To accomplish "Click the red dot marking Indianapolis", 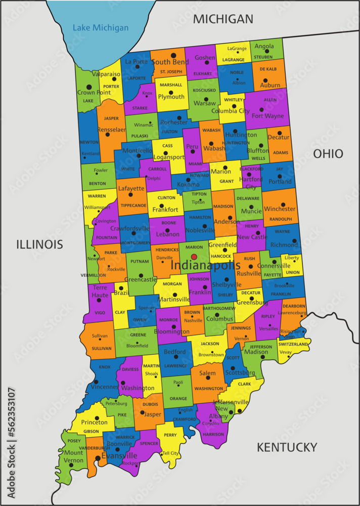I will tap(194, 257).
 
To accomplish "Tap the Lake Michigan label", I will tap(101, 28).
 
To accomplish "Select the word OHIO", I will tap(328, 154).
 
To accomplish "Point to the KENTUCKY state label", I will tap(287, 447).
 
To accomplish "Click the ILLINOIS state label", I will tap(39, 245).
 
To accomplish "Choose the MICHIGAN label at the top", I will tap(223, 19).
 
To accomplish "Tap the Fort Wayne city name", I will tap(268, 116).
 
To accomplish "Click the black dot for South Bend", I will tap(173, 55).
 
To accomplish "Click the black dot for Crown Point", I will tap(89, 87).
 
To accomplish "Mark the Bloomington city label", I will tap(172, 331).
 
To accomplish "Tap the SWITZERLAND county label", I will tap(293, 344).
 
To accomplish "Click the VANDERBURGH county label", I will tap(95, 448).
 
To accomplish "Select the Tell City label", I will tap(170, 453).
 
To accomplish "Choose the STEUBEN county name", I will tap(263, 57).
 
